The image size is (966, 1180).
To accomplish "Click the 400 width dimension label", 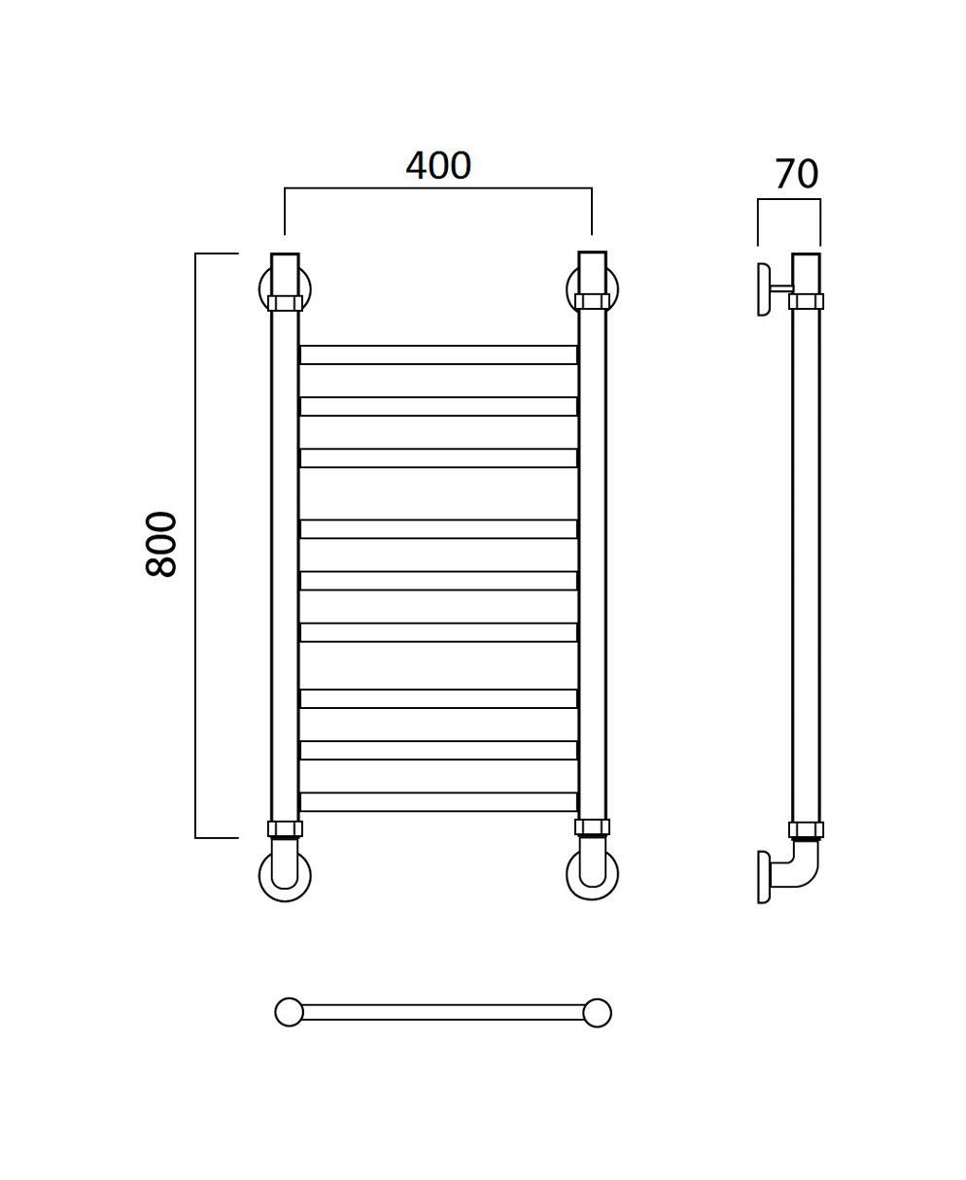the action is pyautogui.click(x=438, y=166).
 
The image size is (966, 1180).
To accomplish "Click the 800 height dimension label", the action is pyautogui.click(x=161, y=544).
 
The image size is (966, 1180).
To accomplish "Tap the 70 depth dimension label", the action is pyautogui.click(x=796, y=174).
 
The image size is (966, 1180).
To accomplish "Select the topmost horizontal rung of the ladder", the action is pyautogui.click(x=438, y=354).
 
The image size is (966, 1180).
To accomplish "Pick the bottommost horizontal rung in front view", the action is pyautogui.click(x=438, y=802).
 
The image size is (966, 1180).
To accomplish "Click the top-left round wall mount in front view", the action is pyautogui.click(x=263, y=289).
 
